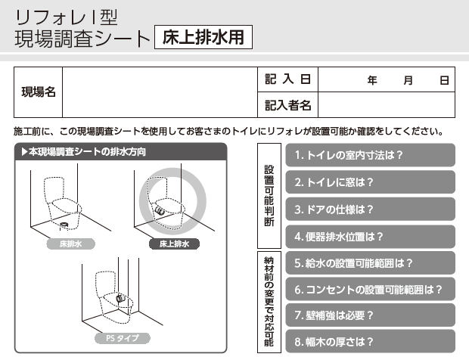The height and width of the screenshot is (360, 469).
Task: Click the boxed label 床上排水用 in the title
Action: [203, 37]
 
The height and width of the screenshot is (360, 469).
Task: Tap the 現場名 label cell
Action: [39, 92]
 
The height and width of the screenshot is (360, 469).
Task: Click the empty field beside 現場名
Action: [160, 92]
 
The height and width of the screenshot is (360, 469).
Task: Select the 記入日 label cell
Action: [287, 79]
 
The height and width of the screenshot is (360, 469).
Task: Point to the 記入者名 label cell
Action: [287, 104]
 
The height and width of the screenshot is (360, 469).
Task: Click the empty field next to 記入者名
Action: [387, 104]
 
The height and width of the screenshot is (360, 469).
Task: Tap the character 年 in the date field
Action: [372, 80]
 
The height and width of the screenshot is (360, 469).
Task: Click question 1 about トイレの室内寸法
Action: [371, 155]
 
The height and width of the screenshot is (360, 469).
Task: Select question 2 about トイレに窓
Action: [371, 182]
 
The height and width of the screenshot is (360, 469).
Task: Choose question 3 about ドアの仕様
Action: [371, 209]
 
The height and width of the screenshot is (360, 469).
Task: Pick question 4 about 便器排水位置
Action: [371, 237]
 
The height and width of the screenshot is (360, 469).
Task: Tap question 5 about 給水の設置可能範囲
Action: [371, 263]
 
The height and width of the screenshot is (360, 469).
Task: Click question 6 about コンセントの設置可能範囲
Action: [371, 289]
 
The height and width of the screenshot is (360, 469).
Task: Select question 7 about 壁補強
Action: [371, 315]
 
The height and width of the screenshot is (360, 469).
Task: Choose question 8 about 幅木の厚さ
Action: [371, 341]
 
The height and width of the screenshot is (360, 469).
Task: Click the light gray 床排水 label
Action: [70, 244]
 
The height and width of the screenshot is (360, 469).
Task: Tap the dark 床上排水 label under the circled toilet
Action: [174, 244]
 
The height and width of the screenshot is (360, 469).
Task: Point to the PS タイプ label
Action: [123, 338]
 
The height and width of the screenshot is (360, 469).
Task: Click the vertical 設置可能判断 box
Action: [269, 196]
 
